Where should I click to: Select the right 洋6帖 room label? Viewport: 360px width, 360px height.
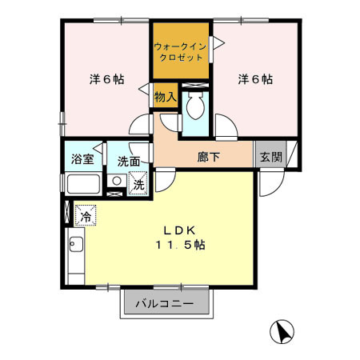254,79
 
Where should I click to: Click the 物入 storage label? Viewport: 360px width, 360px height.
165,97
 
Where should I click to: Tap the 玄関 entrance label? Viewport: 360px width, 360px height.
270,157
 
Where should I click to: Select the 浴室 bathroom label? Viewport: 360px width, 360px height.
83,158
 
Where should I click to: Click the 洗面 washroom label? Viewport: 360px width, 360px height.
129,160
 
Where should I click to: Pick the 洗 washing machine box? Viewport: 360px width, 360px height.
138,183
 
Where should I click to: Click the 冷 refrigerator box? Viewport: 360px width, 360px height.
85,215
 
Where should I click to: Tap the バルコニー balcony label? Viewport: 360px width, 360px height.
164,304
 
